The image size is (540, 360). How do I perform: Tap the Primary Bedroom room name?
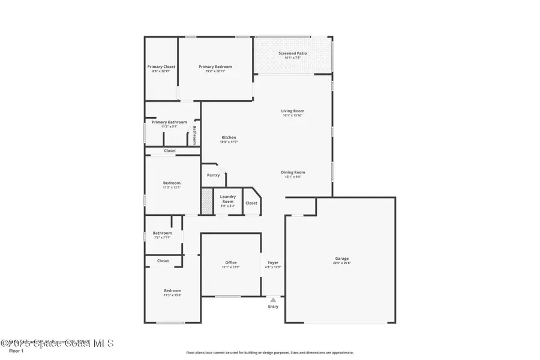click(215, 67)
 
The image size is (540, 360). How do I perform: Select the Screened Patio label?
click(293, 53)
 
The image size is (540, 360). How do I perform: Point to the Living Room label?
click(293, 111)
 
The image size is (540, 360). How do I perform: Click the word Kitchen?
click(229, 137)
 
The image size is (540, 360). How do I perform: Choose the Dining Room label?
click(293, 172)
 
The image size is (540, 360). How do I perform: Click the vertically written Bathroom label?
click(194, 134)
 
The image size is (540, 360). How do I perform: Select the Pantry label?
click(213, 175)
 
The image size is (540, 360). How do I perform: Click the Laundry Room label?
click(227, 199)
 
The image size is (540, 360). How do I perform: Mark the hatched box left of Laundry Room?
click(206, 202)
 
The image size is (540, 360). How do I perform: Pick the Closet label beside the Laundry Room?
click(251, 203)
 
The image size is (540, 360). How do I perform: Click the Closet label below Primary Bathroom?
click(170, 151)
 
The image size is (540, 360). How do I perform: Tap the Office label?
click(231, 263)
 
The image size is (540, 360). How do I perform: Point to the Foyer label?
click(273, 263)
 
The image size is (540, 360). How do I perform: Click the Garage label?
click(341, 259)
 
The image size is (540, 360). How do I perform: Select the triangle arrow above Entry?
click(273, 299)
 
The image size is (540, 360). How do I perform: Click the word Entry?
click(273, 307)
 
